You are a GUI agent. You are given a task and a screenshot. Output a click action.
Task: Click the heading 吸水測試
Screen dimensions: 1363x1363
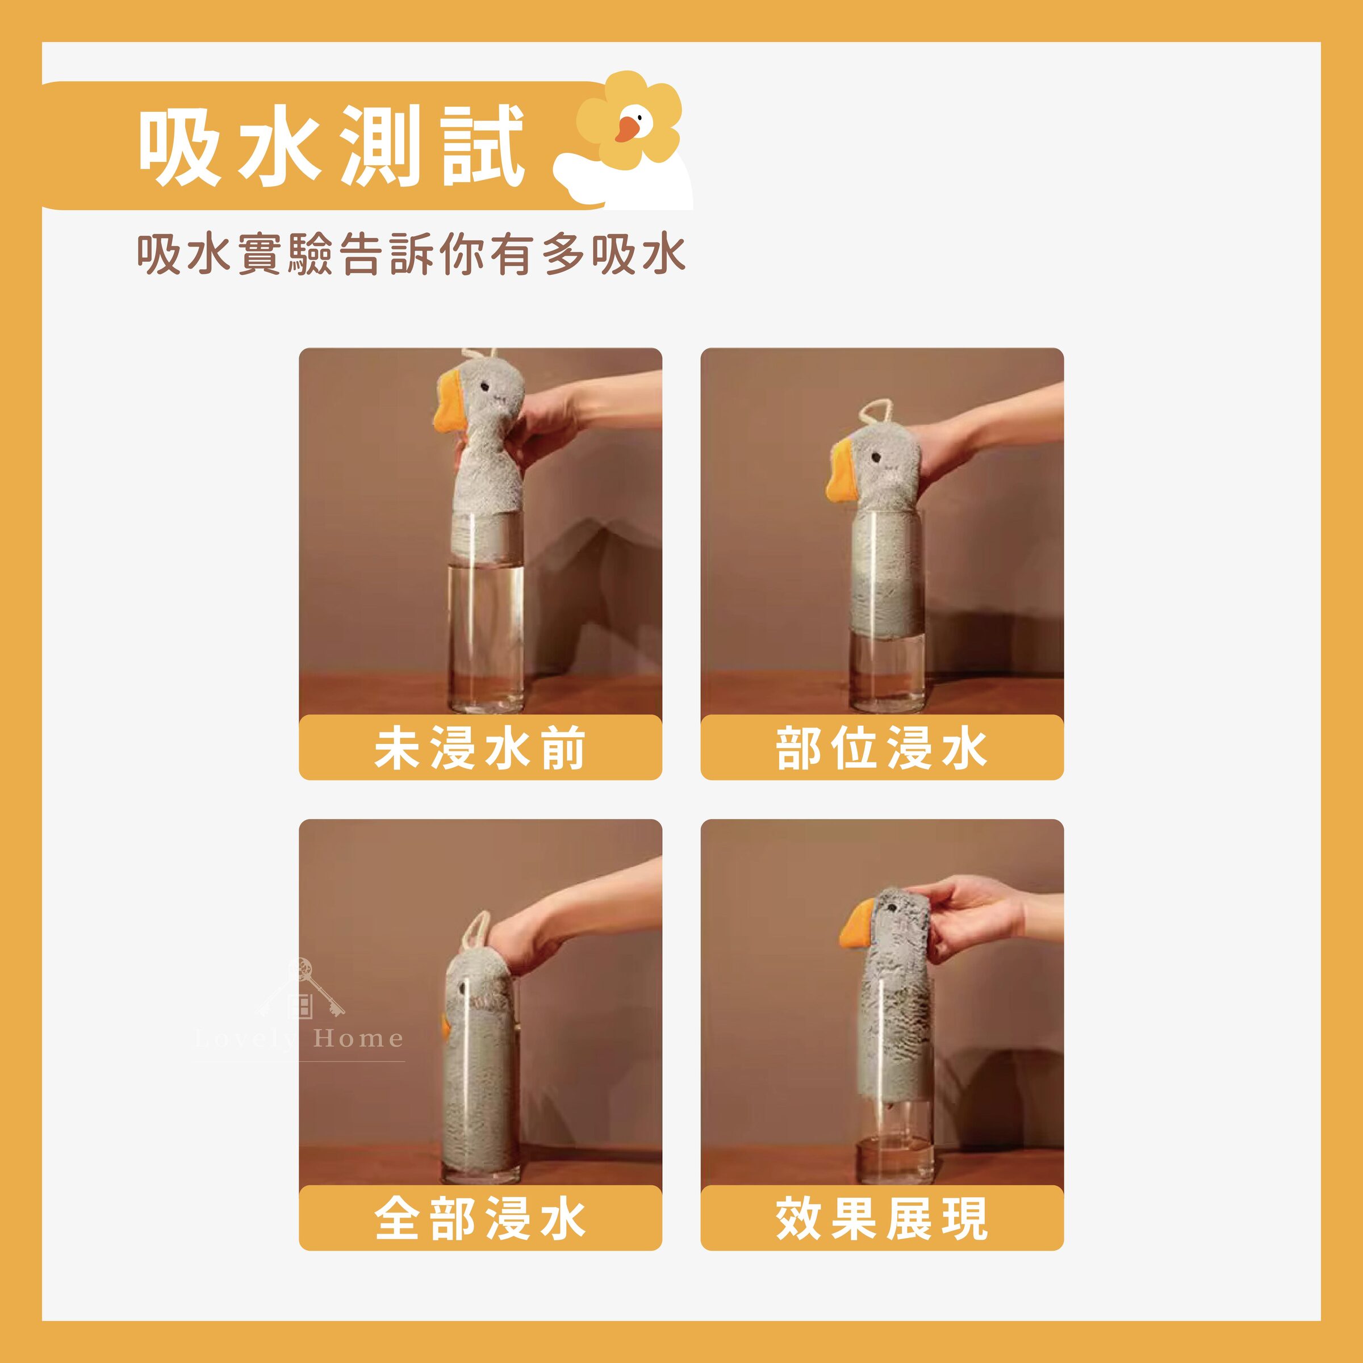330,146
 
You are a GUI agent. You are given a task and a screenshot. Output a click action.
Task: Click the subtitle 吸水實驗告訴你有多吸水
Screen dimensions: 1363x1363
411,254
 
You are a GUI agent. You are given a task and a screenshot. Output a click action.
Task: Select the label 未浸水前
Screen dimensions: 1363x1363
480,749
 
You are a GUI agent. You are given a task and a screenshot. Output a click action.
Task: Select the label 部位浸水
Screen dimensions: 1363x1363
881,749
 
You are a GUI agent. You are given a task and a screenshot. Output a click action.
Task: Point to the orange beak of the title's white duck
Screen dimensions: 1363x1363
624,129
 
